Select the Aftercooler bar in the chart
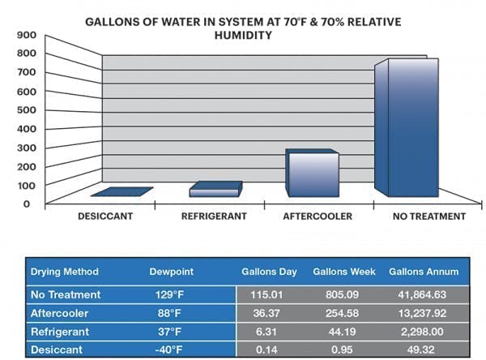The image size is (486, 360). (x=313, y=174)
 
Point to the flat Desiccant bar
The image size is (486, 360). (x=122, y=192)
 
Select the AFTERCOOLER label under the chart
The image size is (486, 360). (x=318, y=216)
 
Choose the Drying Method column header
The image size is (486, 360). (x=65, y=272)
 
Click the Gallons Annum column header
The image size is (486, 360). (x=424, y=272)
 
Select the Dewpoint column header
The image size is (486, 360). (x=170, y=272)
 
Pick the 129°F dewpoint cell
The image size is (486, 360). (x=170, y=294)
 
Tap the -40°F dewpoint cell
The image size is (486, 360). (x=170, y=350)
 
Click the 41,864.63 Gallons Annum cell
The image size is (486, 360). (x=424, y=294)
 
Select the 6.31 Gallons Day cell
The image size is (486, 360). (x=269, y=332)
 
